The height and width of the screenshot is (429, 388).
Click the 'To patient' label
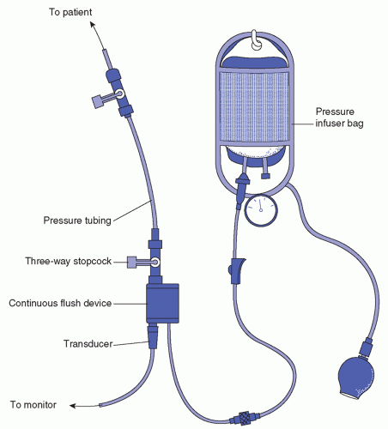click(70, 12)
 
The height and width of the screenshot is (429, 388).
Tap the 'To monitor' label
click(33, 405)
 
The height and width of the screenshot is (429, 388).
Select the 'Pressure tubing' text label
click(77, 221)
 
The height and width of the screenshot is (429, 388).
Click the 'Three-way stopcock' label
click(69, 261)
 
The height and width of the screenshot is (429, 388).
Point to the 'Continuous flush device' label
click(60, 303)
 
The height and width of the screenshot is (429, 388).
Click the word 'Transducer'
click(88, 343)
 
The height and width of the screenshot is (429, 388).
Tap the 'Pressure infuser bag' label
click(339, 118)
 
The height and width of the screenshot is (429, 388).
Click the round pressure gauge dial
click(261, 210)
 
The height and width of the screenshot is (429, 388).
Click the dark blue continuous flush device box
click(162, 303)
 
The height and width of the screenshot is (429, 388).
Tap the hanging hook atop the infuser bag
click(256, 40)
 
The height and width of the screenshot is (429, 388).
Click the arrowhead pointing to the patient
click(93, 25)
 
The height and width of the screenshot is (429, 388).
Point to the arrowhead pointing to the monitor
click(73, 406)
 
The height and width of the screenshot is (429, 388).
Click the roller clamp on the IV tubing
click(237, 270)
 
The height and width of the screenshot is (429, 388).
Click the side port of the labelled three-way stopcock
click(132, 263)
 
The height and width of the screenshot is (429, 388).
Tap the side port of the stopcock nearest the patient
click(97, 101)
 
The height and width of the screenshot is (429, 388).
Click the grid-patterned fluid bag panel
click(254, 106)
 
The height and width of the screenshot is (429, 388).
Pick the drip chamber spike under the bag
click(242, 187)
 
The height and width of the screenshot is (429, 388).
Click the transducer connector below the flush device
click(153, 336)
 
